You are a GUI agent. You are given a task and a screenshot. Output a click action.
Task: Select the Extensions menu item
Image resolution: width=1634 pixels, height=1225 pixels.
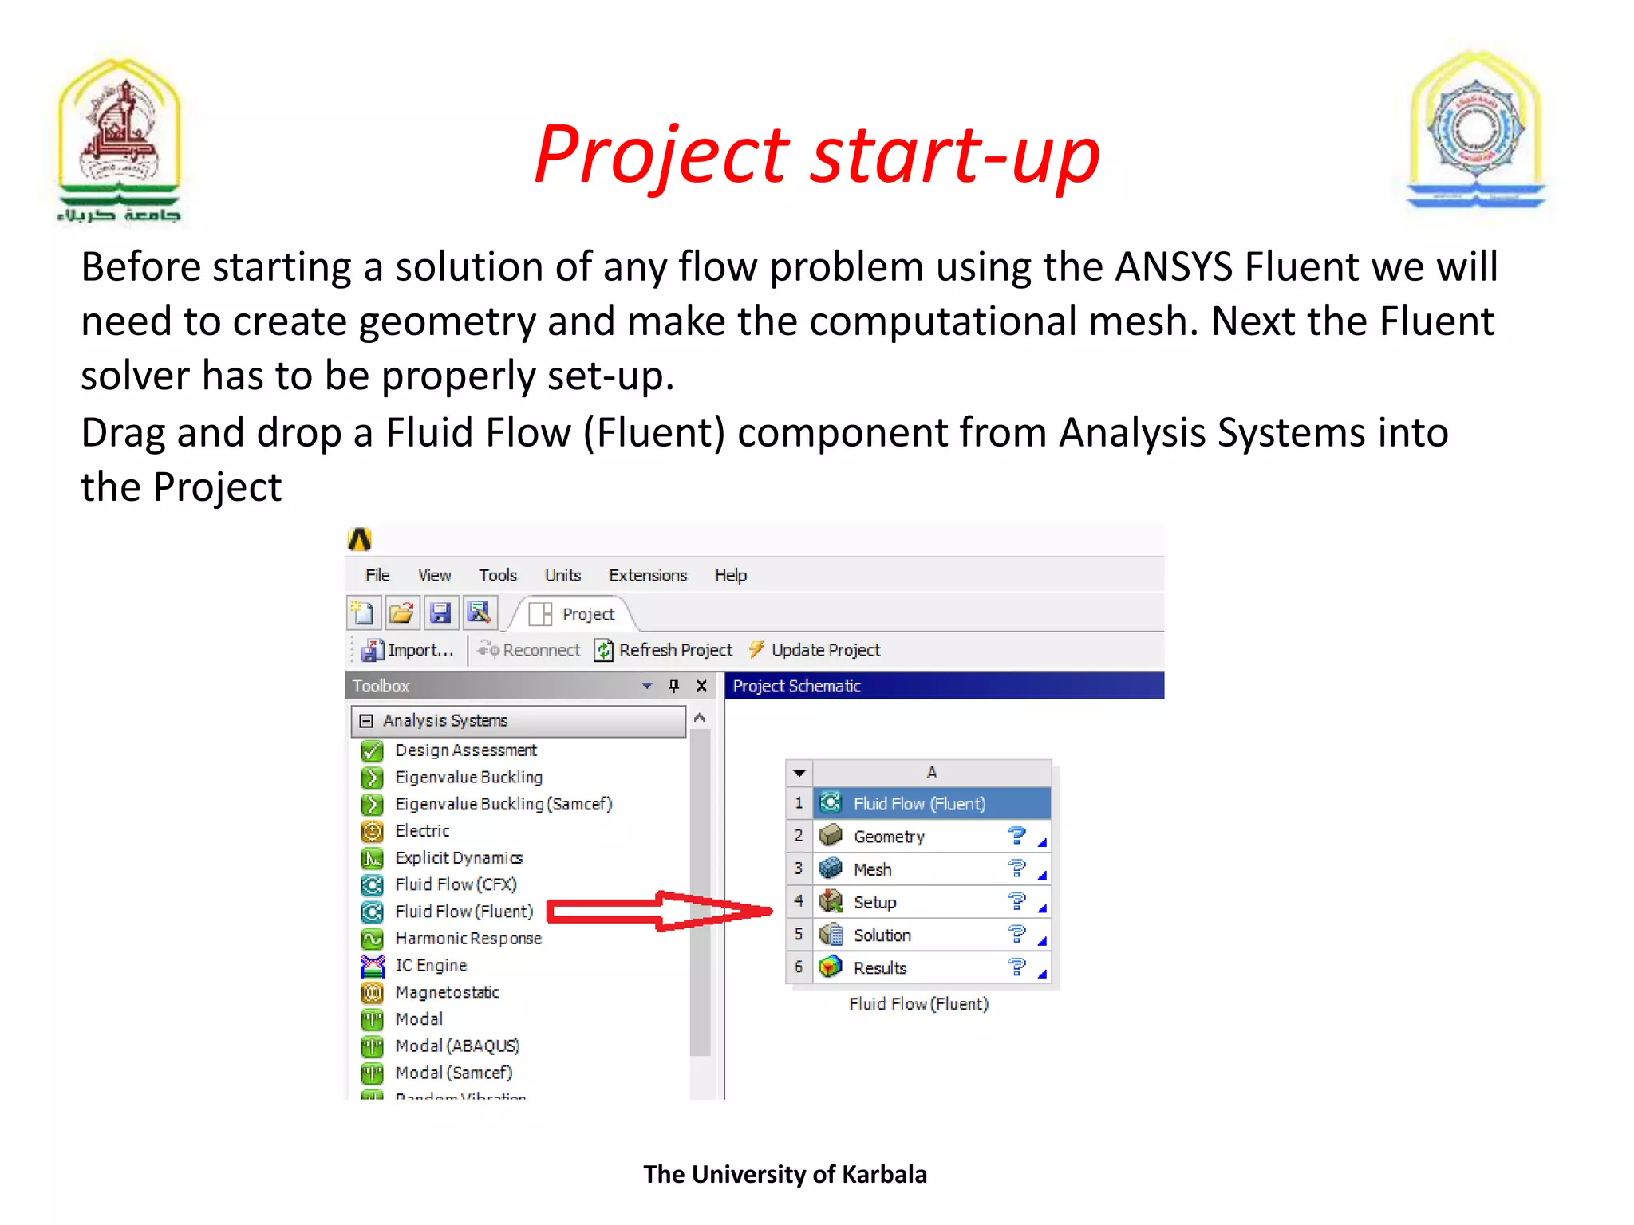click(647, 575)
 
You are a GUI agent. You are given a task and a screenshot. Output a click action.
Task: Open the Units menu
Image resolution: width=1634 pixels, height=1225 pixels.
click(562, 575)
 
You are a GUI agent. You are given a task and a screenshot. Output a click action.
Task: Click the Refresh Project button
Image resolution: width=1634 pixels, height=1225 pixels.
click(664, 650)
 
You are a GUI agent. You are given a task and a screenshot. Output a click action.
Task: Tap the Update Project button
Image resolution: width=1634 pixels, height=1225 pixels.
click(815, 650)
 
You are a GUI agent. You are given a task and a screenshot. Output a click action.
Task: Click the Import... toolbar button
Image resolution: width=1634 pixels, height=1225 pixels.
click(408, 650)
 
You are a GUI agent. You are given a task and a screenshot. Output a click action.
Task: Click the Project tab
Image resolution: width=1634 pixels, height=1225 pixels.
click(574, 614)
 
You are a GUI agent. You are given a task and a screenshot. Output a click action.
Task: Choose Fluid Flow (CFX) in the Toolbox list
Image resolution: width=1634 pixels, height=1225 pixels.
click(456, 884)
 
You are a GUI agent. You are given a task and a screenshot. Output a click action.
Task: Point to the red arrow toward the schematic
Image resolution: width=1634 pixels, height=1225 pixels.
click(659, 911)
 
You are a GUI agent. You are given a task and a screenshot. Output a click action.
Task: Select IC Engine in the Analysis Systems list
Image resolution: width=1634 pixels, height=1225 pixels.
click(431, 965)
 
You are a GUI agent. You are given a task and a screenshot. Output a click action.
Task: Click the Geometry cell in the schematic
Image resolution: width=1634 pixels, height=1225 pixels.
click(889, 837)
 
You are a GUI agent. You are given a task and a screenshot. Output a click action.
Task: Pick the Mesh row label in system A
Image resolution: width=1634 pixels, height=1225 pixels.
click(872, 869)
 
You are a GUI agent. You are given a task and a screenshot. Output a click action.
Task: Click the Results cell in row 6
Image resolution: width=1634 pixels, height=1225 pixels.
click(880, 967)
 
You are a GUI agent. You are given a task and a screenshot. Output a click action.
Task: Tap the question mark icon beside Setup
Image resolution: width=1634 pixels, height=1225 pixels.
click(1016, 901)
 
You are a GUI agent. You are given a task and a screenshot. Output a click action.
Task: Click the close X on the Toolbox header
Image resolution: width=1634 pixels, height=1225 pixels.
click(701, 686)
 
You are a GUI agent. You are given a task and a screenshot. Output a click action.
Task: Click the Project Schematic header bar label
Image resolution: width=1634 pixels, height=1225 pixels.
click(796, 686)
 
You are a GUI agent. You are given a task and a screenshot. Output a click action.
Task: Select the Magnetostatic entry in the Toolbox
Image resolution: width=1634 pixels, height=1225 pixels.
click(447, 992)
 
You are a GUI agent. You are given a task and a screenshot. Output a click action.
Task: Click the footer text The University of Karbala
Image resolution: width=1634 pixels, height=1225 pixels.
click(785, 1174)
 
